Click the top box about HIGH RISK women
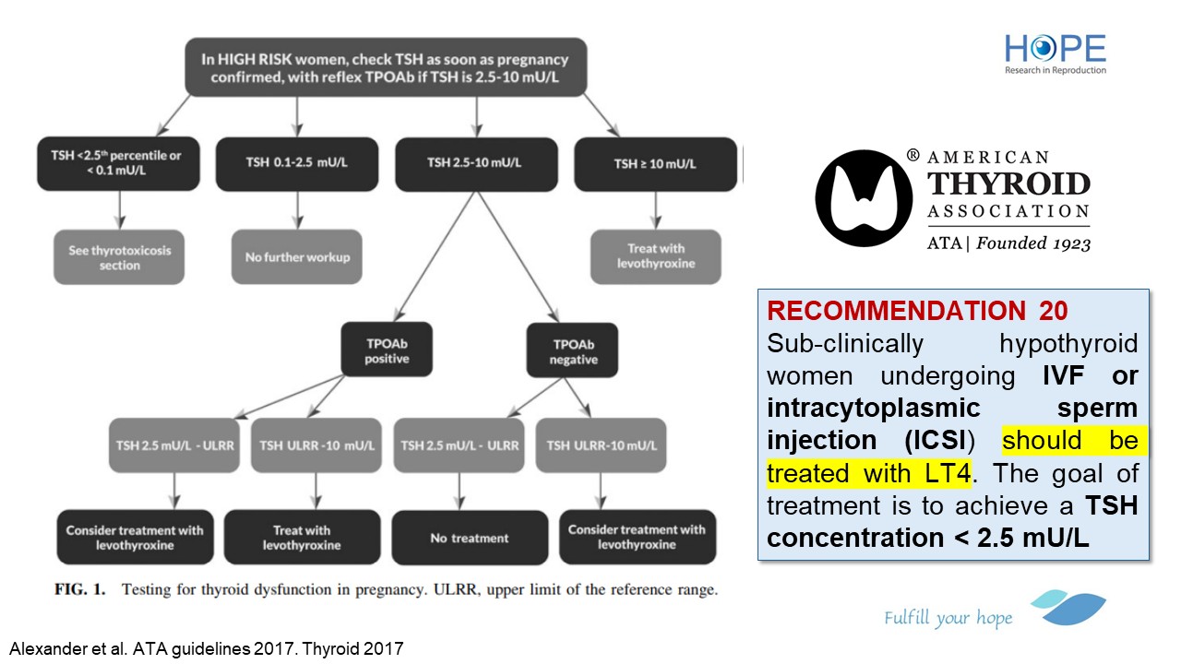click(385, 66)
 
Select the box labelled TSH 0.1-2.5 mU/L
click(297, 163)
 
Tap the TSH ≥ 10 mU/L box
click(655, 163)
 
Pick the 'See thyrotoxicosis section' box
click(119, 257)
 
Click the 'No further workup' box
click(297, 257)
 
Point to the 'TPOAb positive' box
click(387, 350)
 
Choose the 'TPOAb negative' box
click(574, 350)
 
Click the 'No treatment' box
click(469, 538)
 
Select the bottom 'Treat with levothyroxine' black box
click(302, 538)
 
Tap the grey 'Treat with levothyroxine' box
click(655, 257)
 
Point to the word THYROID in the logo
click(1008, 184)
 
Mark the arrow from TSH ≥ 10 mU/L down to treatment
click(655, 210)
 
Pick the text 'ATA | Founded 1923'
click(1008, 243)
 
